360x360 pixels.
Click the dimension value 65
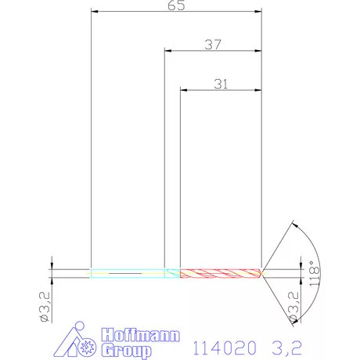pyautogui.click(x=176, y=5)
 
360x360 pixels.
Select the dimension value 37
pyautogui.click(x=213, y=45)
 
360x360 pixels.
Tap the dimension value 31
pyautogui.click(x=221, y=85)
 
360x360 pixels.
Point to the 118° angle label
pyautogui.click(x=315, y=273)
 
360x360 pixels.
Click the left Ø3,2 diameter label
pyautogui.click(x=45, y=307)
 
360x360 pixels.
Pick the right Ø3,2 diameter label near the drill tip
pyautogui.click(x=293, y=307)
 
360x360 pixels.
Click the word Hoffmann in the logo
pyautogui.click(x=141, y=335)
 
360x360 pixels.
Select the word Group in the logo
pyautogui.click(x=127, y=351)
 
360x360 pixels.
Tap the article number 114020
pyautogui.click(x=225, y=347)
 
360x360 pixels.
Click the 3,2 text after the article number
pyautogui.click(x=287, y=347)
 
